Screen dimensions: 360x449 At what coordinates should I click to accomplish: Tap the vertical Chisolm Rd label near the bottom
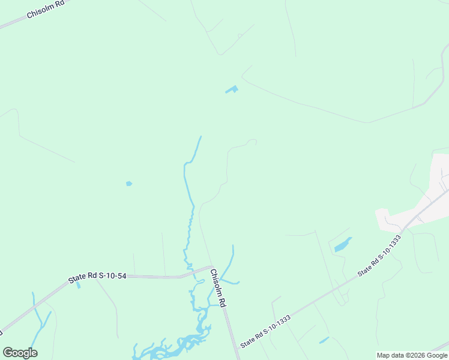click(x=217, y=288)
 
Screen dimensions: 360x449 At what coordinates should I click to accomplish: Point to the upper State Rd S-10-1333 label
click(x=379, y=256)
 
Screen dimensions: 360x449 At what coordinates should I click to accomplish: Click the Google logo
click(x=20, y=352)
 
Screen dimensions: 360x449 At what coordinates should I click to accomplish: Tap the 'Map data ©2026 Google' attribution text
click(x=412, y=355)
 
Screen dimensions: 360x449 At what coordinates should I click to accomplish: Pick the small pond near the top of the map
click(x=231, y=90)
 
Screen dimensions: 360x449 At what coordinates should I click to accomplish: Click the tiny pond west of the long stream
click(x=128, y=184)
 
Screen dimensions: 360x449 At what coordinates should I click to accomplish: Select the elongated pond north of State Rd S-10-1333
click(x=342, y=245)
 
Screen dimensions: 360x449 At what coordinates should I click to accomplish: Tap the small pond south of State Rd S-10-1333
click(x=324, y=340)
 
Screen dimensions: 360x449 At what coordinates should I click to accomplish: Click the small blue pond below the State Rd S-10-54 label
click(x=78, y=285)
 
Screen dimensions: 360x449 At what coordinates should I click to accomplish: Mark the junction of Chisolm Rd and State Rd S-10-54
click(x=211, y=267)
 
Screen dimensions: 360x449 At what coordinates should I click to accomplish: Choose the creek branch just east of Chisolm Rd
click(x=229, y=264)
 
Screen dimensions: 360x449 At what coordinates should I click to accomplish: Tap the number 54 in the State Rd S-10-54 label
click(x=121, y=277)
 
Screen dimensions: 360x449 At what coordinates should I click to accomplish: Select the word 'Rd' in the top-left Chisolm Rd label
click(x=60, y=5)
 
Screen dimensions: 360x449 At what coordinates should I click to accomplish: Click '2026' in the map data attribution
click(x=417, y=355)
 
